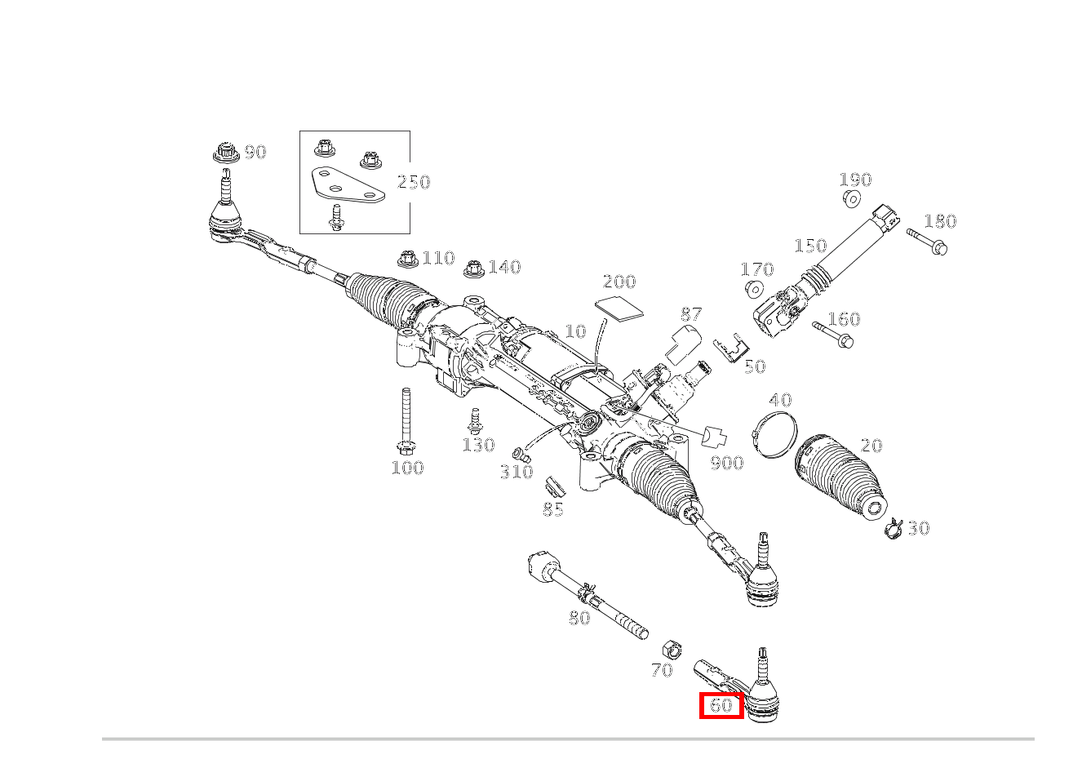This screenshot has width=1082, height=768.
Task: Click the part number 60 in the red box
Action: [x=721, y=706]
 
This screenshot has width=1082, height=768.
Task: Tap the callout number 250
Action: [x=414, y=182]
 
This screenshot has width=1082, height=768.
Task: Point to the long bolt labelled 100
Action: [x=406, y=421]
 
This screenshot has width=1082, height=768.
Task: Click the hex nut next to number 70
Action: [x=672, y=649]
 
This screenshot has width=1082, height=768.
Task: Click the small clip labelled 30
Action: [x=894, y=528]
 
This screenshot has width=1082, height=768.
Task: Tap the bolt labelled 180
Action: [x=927, y=242]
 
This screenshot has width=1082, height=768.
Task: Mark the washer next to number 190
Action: [x=853, y=198]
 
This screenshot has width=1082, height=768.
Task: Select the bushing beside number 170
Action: [x=754, y=289]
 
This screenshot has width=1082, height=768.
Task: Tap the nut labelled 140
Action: [x=474, y=269]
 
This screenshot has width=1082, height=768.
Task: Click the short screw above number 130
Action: [x=474, y=420]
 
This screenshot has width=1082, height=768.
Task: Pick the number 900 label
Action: [x=727, y=464]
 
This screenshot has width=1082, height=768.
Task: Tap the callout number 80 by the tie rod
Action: [x=579, y=618]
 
